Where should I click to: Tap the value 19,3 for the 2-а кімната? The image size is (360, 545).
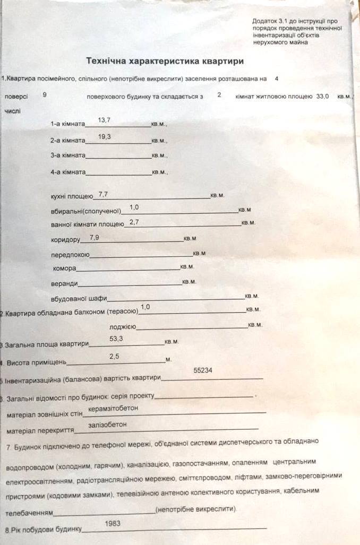(x=105, y=137)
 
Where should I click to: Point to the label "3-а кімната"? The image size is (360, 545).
(x=67, y=156)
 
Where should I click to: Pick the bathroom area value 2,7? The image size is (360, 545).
(x=134, y=222)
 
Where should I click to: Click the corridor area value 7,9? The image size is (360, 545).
(x=95, y=237)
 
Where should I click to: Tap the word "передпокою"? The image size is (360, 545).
(x=70, y=255)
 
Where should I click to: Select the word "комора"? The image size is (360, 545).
(x=64, y=268)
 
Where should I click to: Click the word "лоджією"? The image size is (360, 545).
(x=123, y=327)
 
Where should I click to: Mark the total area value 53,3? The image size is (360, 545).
(x=116, y=338)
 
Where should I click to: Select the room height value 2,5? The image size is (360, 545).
(x=114, y=356)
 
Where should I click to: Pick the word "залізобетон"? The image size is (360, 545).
(x=108, y=425)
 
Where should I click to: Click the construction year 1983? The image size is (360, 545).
(x=113, y=523)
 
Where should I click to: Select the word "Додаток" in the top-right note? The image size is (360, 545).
(x=263, y=21)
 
